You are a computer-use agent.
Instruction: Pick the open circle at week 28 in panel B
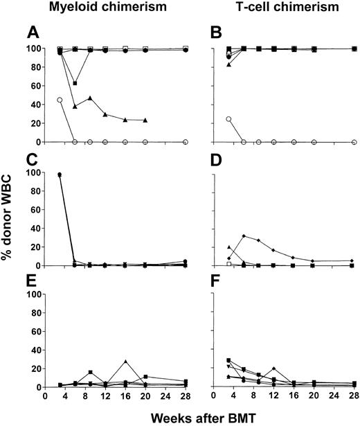(x=354, y=141)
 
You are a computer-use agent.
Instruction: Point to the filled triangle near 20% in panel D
(x=229, y=247)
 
